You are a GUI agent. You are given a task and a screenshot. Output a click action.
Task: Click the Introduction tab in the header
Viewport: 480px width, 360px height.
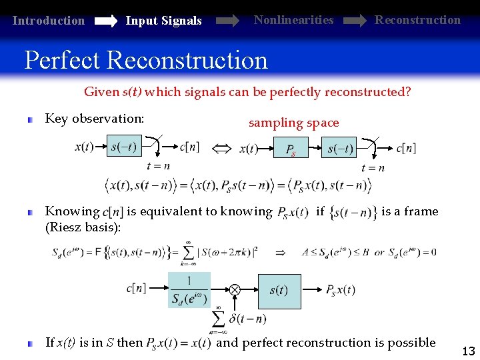coord(49,21)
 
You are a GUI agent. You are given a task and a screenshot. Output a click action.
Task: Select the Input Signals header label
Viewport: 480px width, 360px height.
coord(163,21)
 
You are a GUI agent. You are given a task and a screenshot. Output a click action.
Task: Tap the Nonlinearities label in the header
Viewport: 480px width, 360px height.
coord(293,19)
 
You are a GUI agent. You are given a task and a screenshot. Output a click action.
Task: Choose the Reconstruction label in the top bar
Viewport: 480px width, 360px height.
coord(417,19)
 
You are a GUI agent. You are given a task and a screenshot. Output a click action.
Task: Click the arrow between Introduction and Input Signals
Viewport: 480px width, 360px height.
coord(106,21)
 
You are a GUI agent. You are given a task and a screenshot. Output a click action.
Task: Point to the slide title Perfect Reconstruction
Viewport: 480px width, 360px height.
coord(146,60)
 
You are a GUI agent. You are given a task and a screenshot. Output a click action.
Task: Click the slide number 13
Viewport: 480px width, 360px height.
coord(467,351)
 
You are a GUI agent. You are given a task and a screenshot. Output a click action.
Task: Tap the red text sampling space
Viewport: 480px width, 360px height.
coord(293,123)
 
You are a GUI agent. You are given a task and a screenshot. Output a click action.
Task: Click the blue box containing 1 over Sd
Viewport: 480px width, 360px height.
coord(189,289)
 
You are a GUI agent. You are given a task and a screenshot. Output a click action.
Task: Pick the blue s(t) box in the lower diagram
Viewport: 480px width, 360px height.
coord(278,289)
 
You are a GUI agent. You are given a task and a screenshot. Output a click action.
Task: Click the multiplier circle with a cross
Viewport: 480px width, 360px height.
coord(235,289)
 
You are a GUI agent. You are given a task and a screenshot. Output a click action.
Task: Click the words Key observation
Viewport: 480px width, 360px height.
coord(94,119)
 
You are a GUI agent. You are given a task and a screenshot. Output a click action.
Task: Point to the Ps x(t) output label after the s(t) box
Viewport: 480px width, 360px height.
coord(340,289)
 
